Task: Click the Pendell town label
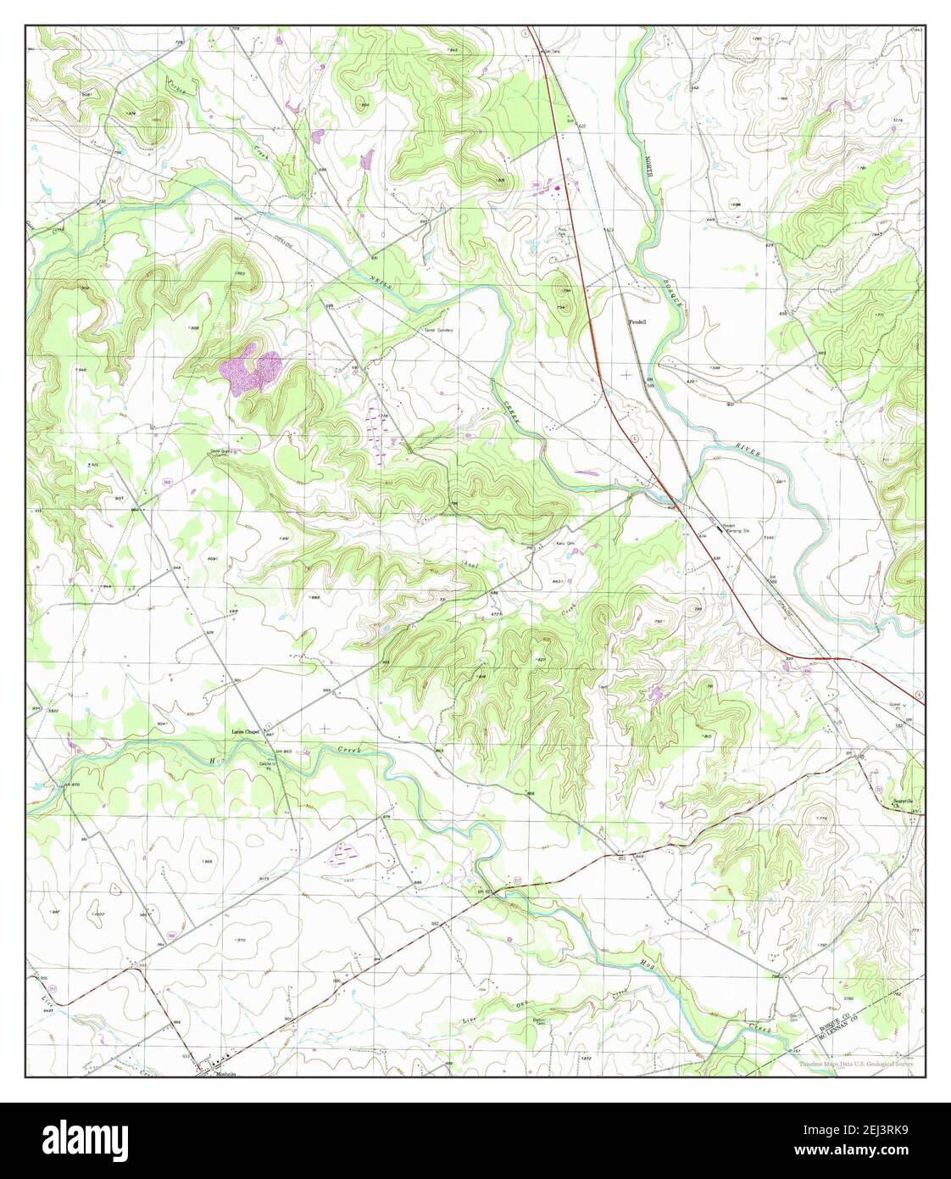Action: coord(637,322)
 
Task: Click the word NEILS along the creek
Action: coord(381,284)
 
